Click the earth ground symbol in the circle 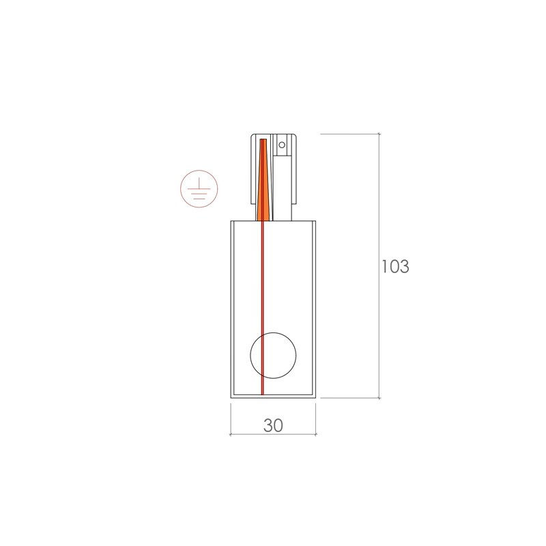click(199, 189)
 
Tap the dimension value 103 click(395, 266)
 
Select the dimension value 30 click(273, 425)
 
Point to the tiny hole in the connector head click(282, 145)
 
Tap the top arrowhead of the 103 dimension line click(379, 134)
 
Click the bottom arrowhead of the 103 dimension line click(379, 398)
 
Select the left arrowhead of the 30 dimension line click(231, 434)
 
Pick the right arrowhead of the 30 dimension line click(315, 434)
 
